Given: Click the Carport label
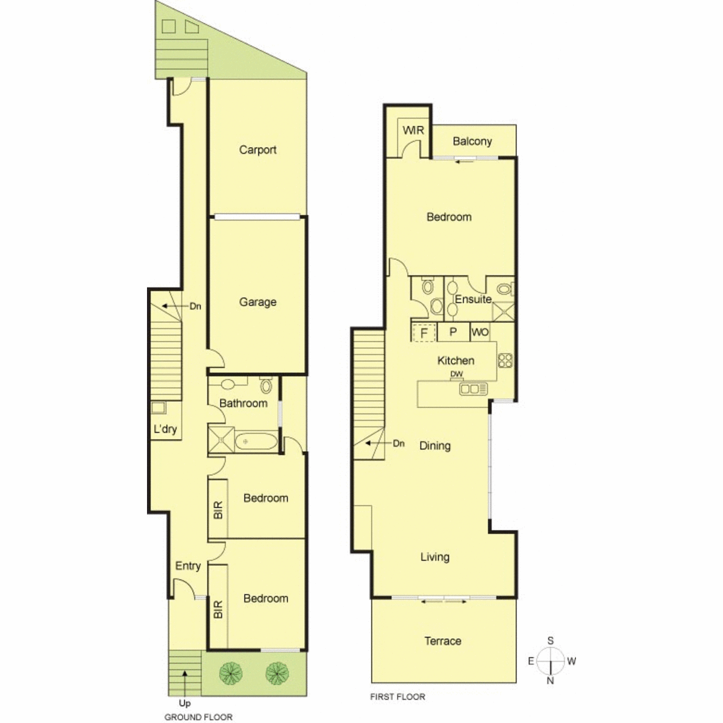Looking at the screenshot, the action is pyautogui.click(x=257, y=150).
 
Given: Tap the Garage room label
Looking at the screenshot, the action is pyautogui.click(x=257, y=302).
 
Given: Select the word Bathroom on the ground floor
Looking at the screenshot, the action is pyautogui.click(x=243, y=403).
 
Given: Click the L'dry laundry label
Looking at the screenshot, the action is pyautogui.click(x=165, y=429).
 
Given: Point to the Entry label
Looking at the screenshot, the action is pyautogui.click(x=188, y=566).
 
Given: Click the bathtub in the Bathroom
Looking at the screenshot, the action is pyautogui.click(x=257, y=442).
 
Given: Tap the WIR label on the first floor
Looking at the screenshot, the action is pyautogui.click(x=413, y=130).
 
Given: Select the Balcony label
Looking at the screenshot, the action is pyautogui.click(x=472, y=142).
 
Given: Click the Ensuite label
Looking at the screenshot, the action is pyautogui.click(x=473, y=299).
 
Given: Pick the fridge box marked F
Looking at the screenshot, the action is pyautogui.click(x=424, y=333).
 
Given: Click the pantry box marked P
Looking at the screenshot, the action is pyautogui.click(x=453, y=331).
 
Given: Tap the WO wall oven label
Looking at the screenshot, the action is pyautogui.click(x=480, y=333).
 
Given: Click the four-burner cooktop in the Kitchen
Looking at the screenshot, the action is pyautogui.click(x=505, y=360).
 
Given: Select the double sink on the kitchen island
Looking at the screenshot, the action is pyautogui.click(x=474, y=389).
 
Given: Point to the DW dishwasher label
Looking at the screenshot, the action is pyautogui.click(x=456, y=374).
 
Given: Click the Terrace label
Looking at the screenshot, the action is pyautogui.click(x=443, y=641).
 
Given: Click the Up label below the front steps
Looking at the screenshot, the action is pyautogui.click(x=184, y=704).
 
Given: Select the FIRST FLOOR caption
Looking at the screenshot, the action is pyautogui.click(x=398, y=696).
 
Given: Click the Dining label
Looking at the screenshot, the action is pyautogui.click(x=435, y=446).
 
